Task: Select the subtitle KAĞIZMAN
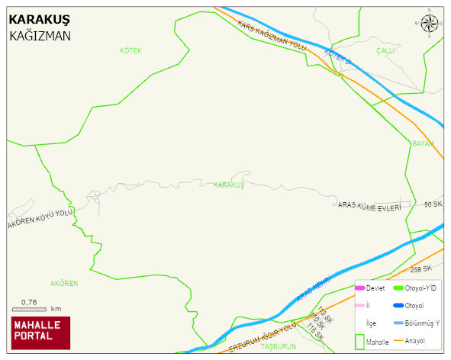click(40, 35)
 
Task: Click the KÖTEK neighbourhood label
click(130, 50)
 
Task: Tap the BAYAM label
click(423, 143)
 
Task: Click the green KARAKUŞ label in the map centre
click(228, 185)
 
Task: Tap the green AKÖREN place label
click(64, 284)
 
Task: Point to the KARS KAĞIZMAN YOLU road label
click(272, 36)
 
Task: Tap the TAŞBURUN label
click(278, 346)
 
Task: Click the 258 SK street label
click(420, 269)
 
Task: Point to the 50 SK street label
click(433, 204)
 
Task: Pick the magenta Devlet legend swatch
click(359, 288)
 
